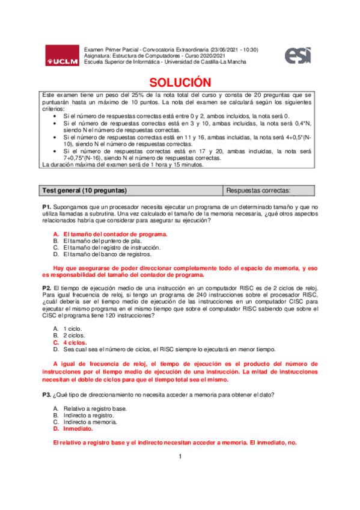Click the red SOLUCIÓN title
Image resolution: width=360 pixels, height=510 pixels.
[180, 82]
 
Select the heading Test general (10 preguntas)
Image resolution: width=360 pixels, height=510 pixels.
[84, 191]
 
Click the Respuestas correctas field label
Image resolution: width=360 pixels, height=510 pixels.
[258, 191]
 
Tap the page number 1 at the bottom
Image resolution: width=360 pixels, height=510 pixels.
[180, 457]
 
